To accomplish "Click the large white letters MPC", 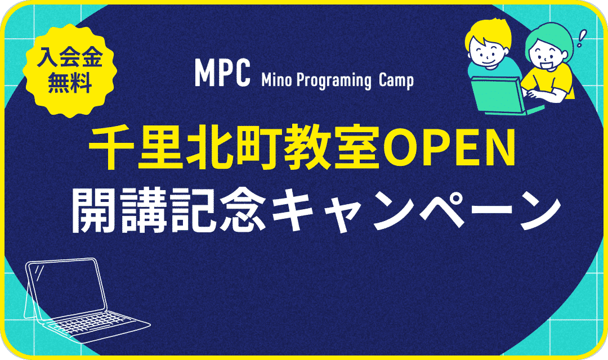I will tap(222, 74).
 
